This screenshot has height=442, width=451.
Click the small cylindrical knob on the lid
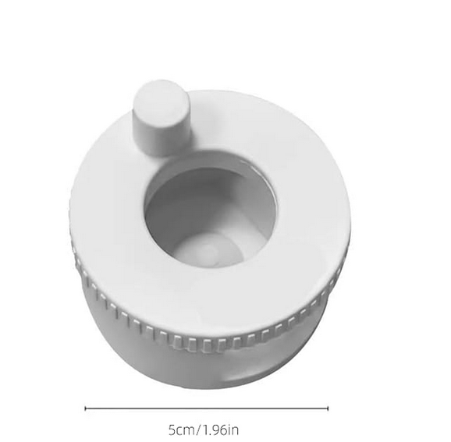162,118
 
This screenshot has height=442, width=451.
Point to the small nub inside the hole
209,253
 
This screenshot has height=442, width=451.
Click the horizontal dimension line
207,408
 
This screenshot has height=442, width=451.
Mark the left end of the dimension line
85,408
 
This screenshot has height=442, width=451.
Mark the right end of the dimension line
328,408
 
